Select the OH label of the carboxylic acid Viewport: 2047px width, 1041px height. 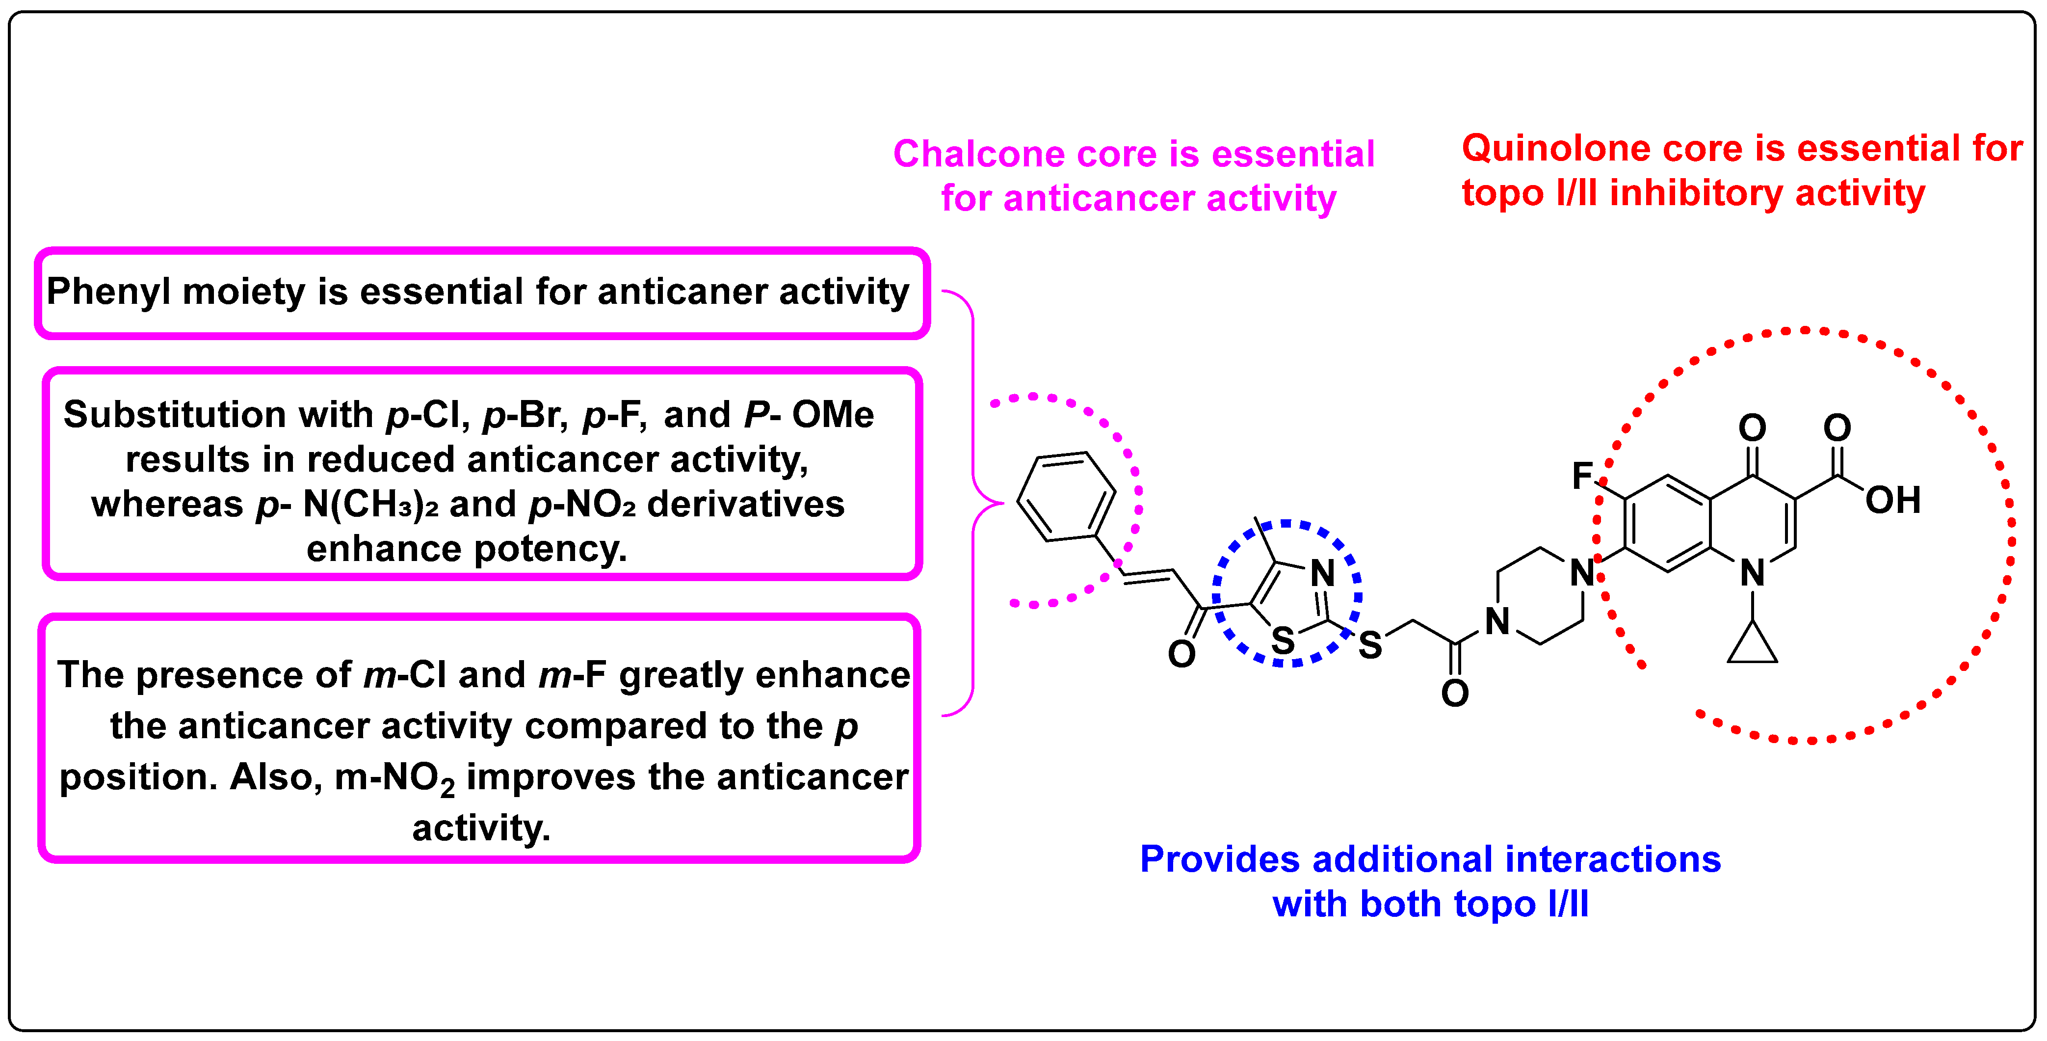click(1893, 501)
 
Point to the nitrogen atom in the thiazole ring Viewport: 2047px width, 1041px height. click(1322, 573)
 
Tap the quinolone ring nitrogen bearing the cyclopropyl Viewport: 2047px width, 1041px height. click(1752, 573)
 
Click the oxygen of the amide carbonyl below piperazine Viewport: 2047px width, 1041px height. click(1455, 693)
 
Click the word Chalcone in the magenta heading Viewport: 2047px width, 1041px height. click(979, 154)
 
